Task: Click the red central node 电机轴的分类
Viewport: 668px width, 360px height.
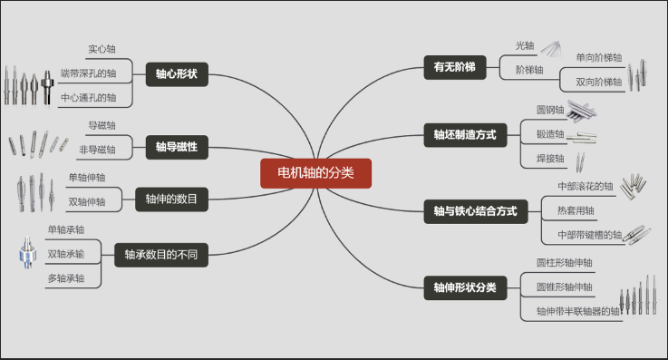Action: pyautogui.click(x=316, y=172)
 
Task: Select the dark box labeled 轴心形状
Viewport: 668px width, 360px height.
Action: pyautogui.click(x=178, y=73)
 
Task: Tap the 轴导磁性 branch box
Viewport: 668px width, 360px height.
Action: pyautogui.click(x=178, y=145)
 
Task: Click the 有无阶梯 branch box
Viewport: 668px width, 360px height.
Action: pyautogui.click(x=455, y=67)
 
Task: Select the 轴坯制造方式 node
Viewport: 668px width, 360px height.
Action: pyautogui.click(x=466, y=135)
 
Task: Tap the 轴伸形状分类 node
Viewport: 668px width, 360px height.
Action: pyautogui.click(x=466, y=287)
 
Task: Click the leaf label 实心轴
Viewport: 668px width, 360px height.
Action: pyautogui.click(x=102, y=49)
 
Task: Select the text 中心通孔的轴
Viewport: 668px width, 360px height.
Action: pyautogui.click(x=88, y=97)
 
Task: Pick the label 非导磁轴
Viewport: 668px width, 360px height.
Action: pyautogui.click(x=97, y=149)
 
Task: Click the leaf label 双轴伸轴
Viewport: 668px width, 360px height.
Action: pyautogui.click(x=88, y=201)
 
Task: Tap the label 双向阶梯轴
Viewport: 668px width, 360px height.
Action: pyautogui.click(x=599, y=82)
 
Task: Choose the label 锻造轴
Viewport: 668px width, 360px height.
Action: pyautogui.click(x=550, y=134)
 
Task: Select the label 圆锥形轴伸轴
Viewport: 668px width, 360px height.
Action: pyautogui.click(x=565, y=287)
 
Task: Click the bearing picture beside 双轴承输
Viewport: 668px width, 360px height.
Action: pyautogui.click(x=25, y=254)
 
